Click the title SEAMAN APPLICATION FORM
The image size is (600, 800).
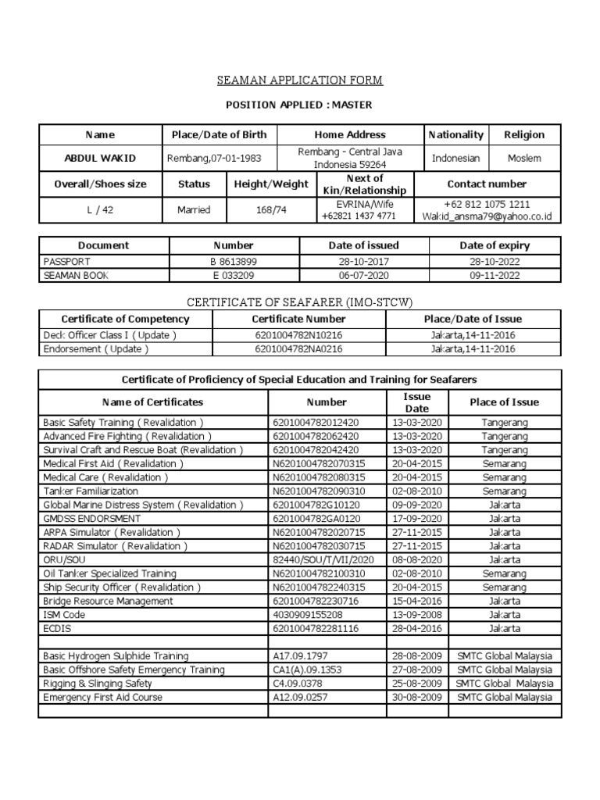pyautogui.click(x=299, y=80)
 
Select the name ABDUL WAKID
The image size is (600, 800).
pyautogui.click(x=99, y=159)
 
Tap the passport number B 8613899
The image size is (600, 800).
pyautogui.click(x=234, y=262)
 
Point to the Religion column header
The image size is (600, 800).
pyautogui.click(x=524, y=134)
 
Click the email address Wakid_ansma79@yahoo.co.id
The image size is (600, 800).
pyautogui.click(x=487, y=216)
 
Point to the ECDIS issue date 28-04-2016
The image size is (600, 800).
pyautogui.click(x=416, y=629)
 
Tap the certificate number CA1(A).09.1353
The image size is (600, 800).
pyautogui.click(x=308, y=670)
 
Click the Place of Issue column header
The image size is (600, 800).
pyautogui.click(x=504, y=402)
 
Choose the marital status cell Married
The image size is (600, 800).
pyautogui.click(x=194, y=210)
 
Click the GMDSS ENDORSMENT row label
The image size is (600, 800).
pyautogui.click(x=92, y=519)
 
